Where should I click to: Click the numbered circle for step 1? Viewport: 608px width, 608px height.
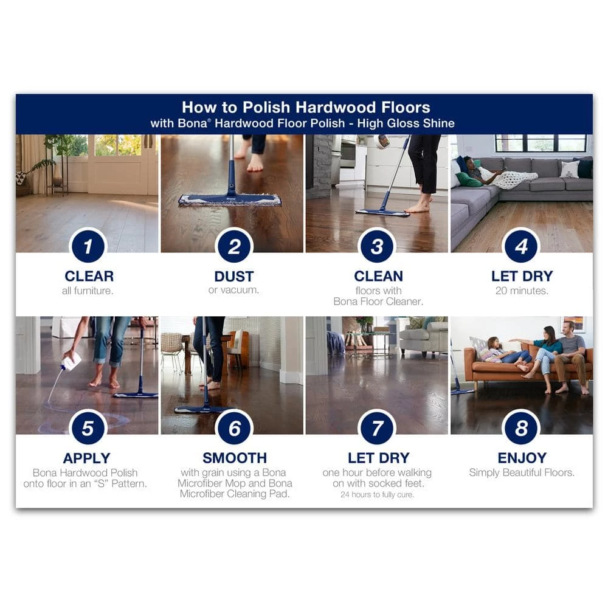[x=88, y=246]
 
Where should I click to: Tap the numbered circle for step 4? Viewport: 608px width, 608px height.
[x=521, y=246]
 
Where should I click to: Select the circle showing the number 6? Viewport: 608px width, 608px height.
[x=234, y=428]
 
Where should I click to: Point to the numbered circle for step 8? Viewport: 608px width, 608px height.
[x=521, y=428]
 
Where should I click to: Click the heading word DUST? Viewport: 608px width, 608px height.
[x=234, y=277]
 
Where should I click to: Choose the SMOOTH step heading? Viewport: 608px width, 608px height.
[x=235, y=458]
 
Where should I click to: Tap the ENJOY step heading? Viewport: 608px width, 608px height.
[x=522, y=458]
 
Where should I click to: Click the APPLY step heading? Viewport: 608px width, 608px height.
[x=86, y=458]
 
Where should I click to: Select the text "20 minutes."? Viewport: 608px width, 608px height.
[x=522, y=291]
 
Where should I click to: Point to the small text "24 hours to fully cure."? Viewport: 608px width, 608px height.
[x=377, y=494]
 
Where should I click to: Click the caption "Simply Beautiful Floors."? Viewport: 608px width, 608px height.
[x=522, y=472]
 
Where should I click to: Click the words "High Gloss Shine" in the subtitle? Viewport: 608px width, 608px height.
[x=406, y=123]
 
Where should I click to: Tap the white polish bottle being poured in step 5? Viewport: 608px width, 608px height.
[x=71, y=361]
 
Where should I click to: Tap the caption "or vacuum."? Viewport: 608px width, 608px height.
[x=233, y=290]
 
